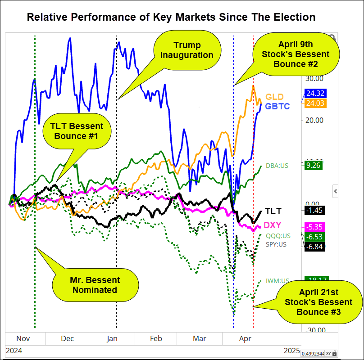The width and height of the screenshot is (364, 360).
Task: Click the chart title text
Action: click(171, 18)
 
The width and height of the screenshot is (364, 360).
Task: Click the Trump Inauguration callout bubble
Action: click(187, 50)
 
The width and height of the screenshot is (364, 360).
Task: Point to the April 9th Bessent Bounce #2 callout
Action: click(296, 54)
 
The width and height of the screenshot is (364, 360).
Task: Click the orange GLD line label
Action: click(274, 97)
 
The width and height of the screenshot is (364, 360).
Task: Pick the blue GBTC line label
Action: click(278, 106)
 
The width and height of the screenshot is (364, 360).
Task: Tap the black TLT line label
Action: click(273, 211)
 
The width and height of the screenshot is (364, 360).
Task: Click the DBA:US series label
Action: click(277, 166)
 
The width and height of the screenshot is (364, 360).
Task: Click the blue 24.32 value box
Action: click(316, 94)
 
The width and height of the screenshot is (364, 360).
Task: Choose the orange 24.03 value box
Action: click(316, 103)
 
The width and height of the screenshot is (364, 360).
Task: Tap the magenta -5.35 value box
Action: click(315, 227)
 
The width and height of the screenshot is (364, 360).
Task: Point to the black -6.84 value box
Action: click(315, 246)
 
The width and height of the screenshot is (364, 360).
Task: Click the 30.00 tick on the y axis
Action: click(314, 78)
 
